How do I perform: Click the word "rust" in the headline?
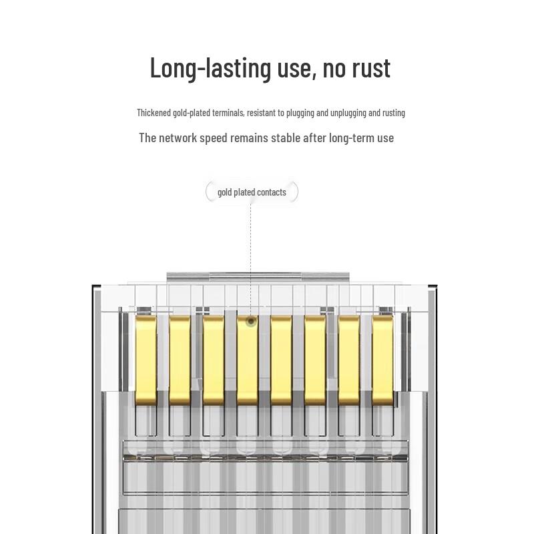click(x=371, y=68)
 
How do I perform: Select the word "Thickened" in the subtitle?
click(x=154, y=112)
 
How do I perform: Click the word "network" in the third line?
click(x=178, y=138)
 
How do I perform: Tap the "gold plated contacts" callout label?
click(x=252, y=192)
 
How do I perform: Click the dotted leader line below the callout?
click(x=251, y=260)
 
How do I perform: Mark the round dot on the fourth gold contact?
click(x=251, y=321)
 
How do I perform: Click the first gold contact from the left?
click(x=146, y=360)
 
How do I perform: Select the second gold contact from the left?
click(x=180, y=360)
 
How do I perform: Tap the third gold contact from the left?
click(x=213, y=360)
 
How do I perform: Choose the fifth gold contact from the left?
click(x=281, y=360)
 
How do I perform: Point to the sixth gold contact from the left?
click(x=315, y=360)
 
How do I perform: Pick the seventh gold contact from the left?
click(x=348, y=360)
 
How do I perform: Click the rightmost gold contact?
click(x=382, y=360)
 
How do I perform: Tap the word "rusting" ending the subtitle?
click(x=394, y=113)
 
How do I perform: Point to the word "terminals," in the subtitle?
click(x=228, y=112)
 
